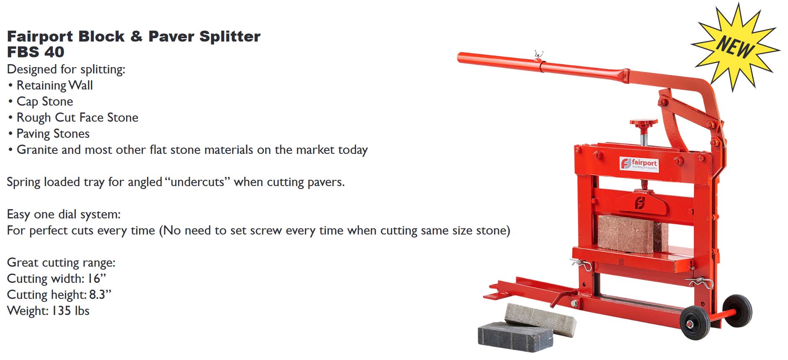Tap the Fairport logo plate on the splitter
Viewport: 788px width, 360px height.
click(639, 163)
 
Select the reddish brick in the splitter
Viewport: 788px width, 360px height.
click(632, 233)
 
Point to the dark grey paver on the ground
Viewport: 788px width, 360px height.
click(516, 336)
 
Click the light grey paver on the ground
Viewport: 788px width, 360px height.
click(540, 319)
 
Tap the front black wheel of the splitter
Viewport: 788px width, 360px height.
click(695, 322)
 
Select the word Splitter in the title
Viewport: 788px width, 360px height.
click(230, 37)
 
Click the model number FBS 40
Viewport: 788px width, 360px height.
click(36, 52)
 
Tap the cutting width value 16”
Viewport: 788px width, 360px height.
click(96, 278)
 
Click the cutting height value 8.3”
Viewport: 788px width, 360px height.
click(100, 294)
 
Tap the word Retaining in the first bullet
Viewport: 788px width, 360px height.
click(41, 85)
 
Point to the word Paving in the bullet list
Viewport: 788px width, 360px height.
click(33, 134)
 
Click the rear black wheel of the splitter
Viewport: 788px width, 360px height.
click(737, 310)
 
